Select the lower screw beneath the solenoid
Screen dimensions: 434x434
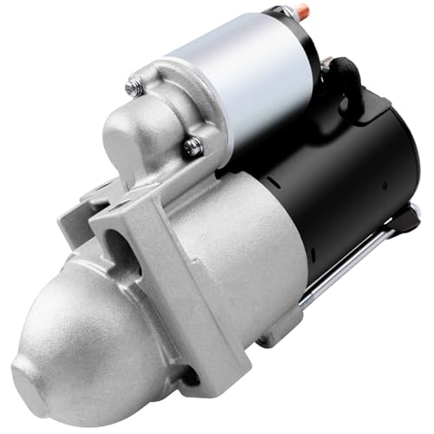coord(193,148)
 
